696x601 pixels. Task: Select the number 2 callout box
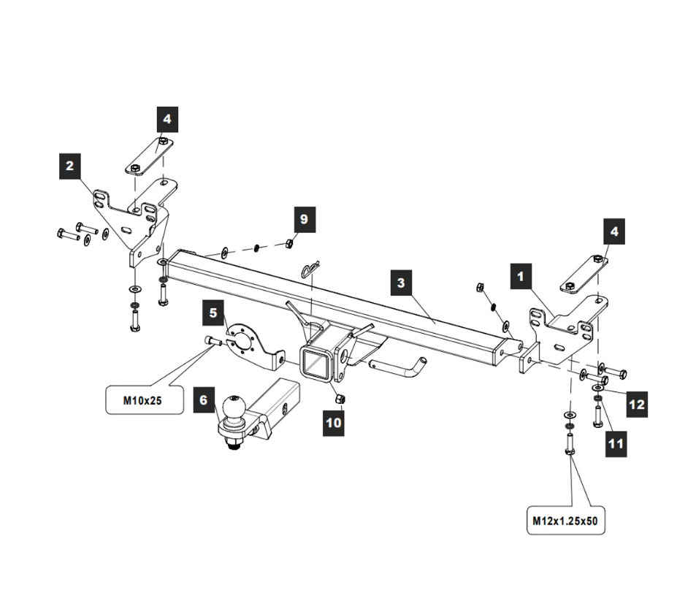pos(69,166)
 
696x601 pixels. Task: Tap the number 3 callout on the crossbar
pos(401,283)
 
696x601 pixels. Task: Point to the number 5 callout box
pos(213,313)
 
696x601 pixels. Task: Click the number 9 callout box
pos(305,219)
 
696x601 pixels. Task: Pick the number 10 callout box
pos(334,423)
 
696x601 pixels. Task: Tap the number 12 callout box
pos(636,404)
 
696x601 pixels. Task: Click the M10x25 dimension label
pos(145,399)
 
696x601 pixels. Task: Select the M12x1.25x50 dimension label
pos(566,521)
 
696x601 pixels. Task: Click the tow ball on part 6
pos(234,408)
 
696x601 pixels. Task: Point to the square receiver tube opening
pos(316,365)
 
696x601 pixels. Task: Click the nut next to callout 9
pos(288,243)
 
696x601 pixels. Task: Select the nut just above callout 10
pos(340,399)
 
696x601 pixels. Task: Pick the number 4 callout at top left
pos(167,118)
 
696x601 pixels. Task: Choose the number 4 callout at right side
pos(614,231)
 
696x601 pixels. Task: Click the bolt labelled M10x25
pos(212,340)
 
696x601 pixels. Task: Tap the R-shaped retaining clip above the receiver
pos(310,270)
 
